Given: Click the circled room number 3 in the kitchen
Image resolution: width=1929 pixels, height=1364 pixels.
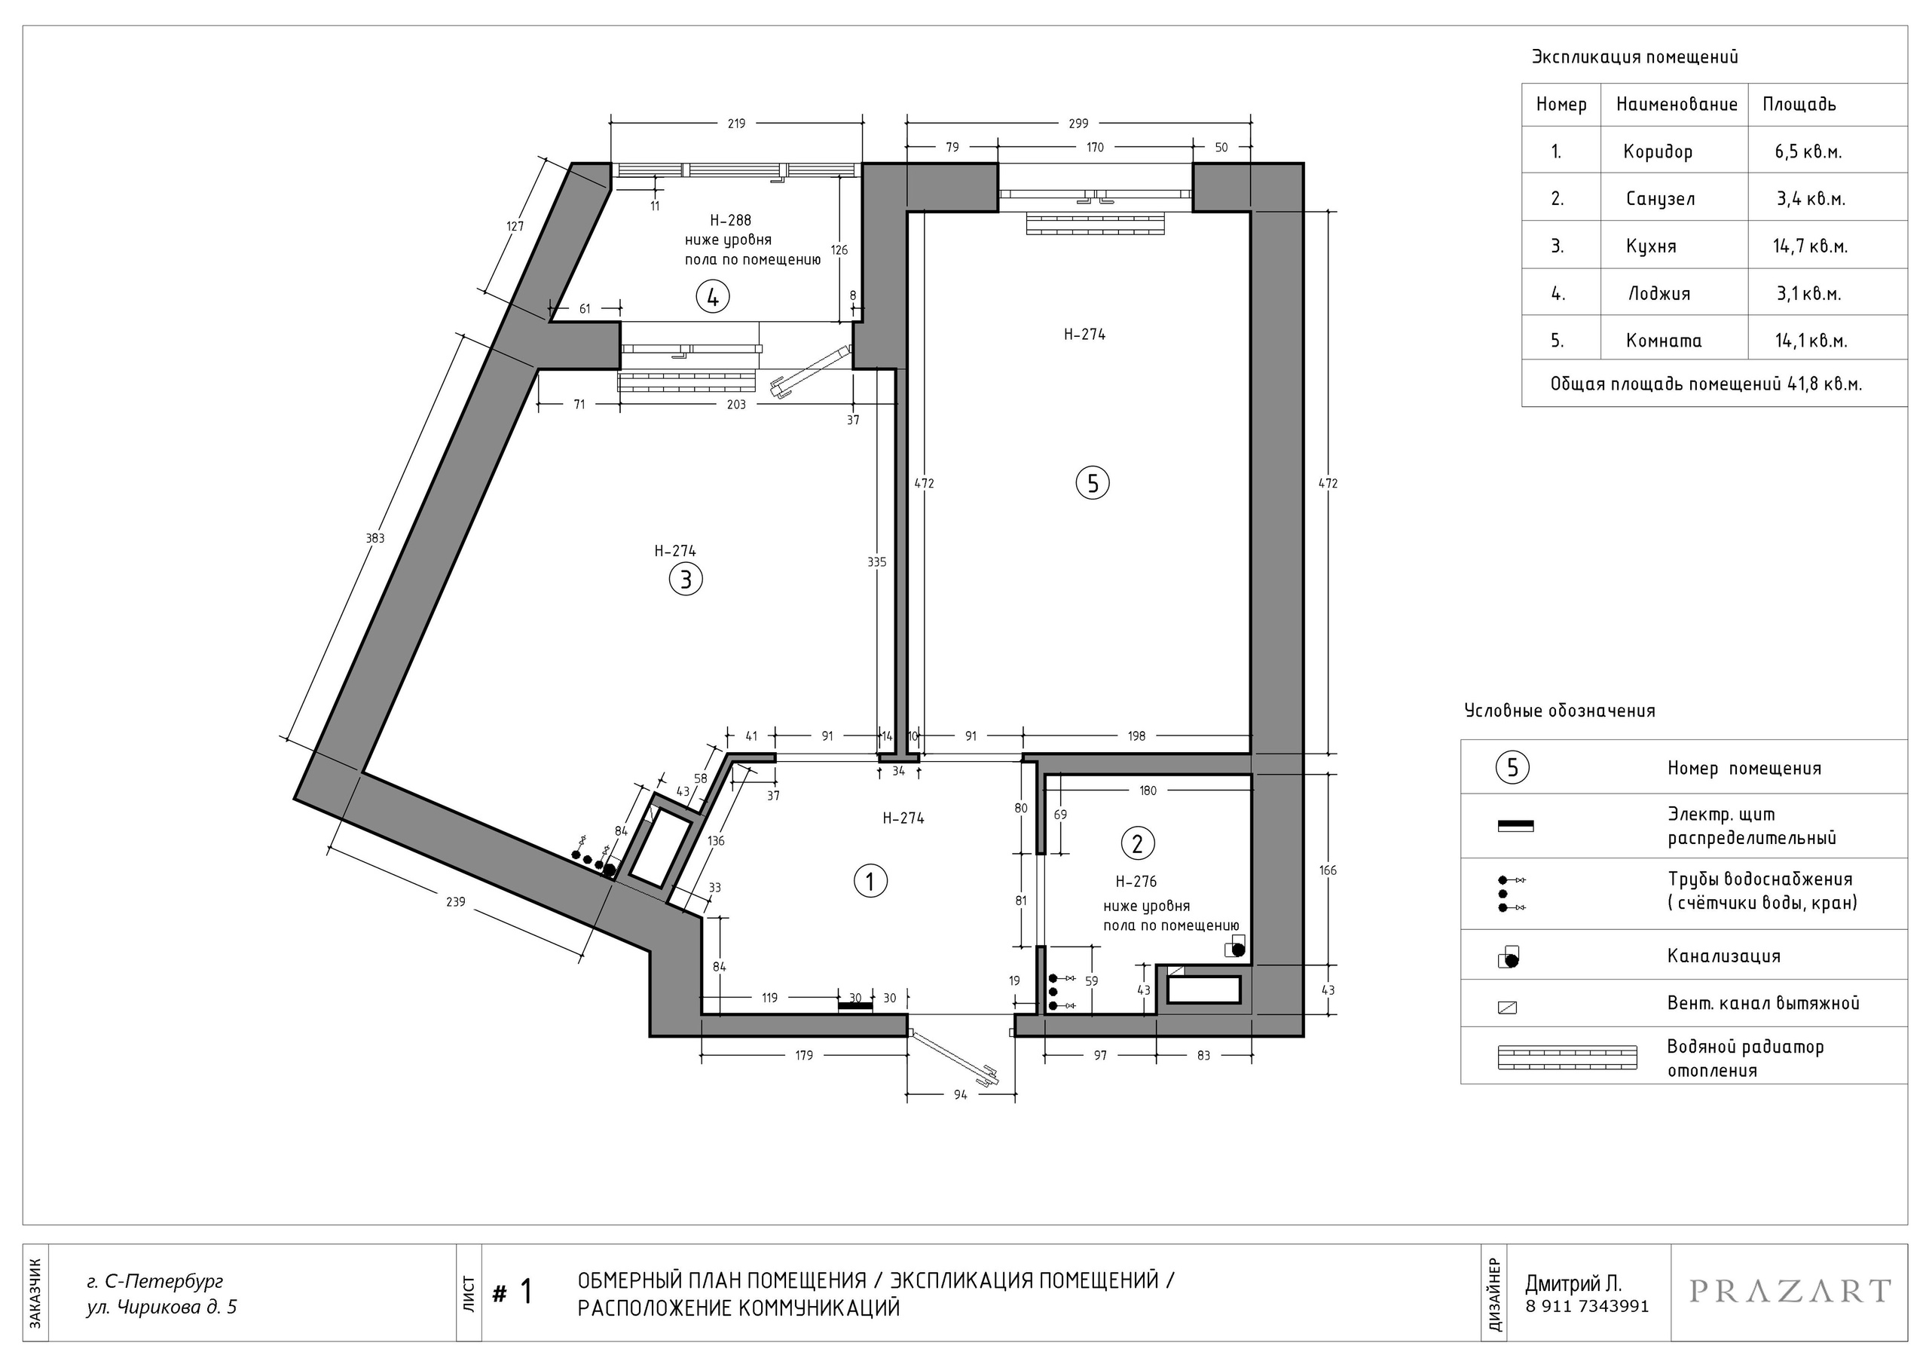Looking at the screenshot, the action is click(686, 580).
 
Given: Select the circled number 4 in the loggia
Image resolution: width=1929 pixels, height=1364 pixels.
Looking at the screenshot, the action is click(713, 297).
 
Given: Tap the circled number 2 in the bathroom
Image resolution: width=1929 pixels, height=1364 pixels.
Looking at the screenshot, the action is click(1138, 843).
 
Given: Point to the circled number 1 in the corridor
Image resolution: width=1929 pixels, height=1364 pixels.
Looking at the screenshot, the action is click(870, 882).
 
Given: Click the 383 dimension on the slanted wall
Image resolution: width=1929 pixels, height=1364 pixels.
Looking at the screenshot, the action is click(374, 538).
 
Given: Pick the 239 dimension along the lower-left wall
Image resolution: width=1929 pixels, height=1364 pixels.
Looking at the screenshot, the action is click(455, 902).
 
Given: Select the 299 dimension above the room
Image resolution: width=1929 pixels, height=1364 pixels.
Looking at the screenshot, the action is click(1078, 124).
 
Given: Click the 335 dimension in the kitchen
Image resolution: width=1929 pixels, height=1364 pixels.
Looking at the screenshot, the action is click(876, 562).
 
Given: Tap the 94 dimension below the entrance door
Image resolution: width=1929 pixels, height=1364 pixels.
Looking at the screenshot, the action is click(960, 1095).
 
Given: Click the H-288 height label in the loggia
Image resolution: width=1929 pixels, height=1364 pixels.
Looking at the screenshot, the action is click(730, 221).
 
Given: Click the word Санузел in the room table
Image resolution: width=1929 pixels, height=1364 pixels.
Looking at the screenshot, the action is click(1660, 199).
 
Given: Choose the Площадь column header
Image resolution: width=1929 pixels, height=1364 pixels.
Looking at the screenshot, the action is click(1799, 104).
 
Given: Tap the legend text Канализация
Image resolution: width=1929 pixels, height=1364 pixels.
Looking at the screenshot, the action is click(1724, 956).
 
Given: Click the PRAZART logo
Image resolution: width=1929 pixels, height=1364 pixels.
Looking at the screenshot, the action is click(1790, 1291).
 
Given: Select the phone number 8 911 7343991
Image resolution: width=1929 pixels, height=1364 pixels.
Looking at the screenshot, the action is click(1587, 1307).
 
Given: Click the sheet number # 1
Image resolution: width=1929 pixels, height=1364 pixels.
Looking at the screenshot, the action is click(512, 1292).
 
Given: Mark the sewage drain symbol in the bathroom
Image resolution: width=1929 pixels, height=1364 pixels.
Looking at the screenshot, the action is click(1235, 949).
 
